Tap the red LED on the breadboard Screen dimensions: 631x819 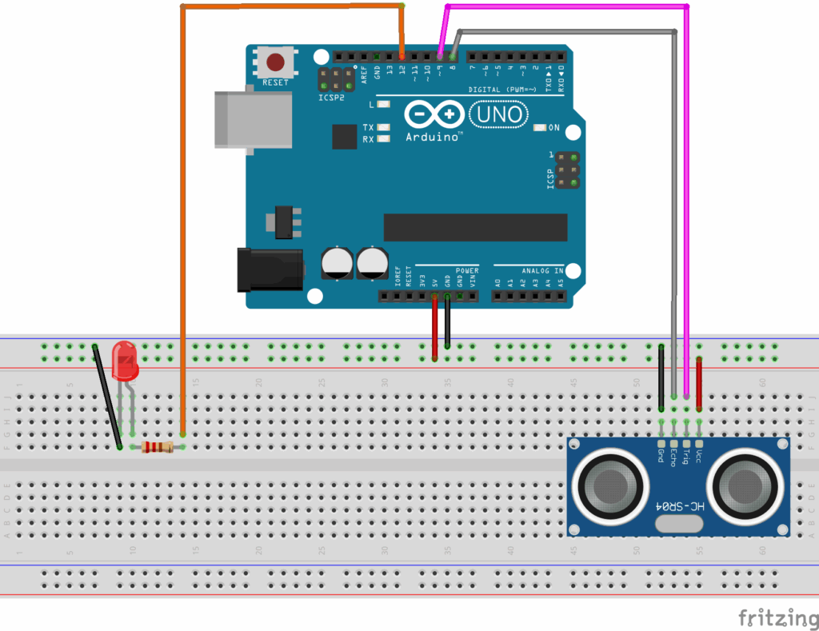click(124, 359)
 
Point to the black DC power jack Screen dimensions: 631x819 click(270, 269)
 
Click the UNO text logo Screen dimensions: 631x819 click(498, 115)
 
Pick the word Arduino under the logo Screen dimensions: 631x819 click(433, 137)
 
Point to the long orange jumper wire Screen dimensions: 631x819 click(182, 200)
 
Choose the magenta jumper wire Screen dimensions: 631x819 click(687, 200)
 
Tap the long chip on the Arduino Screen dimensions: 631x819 click(475, 227)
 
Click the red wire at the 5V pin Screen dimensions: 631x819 click(434, 327)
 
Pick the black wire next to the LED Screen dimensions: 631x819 click(106, 395)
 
